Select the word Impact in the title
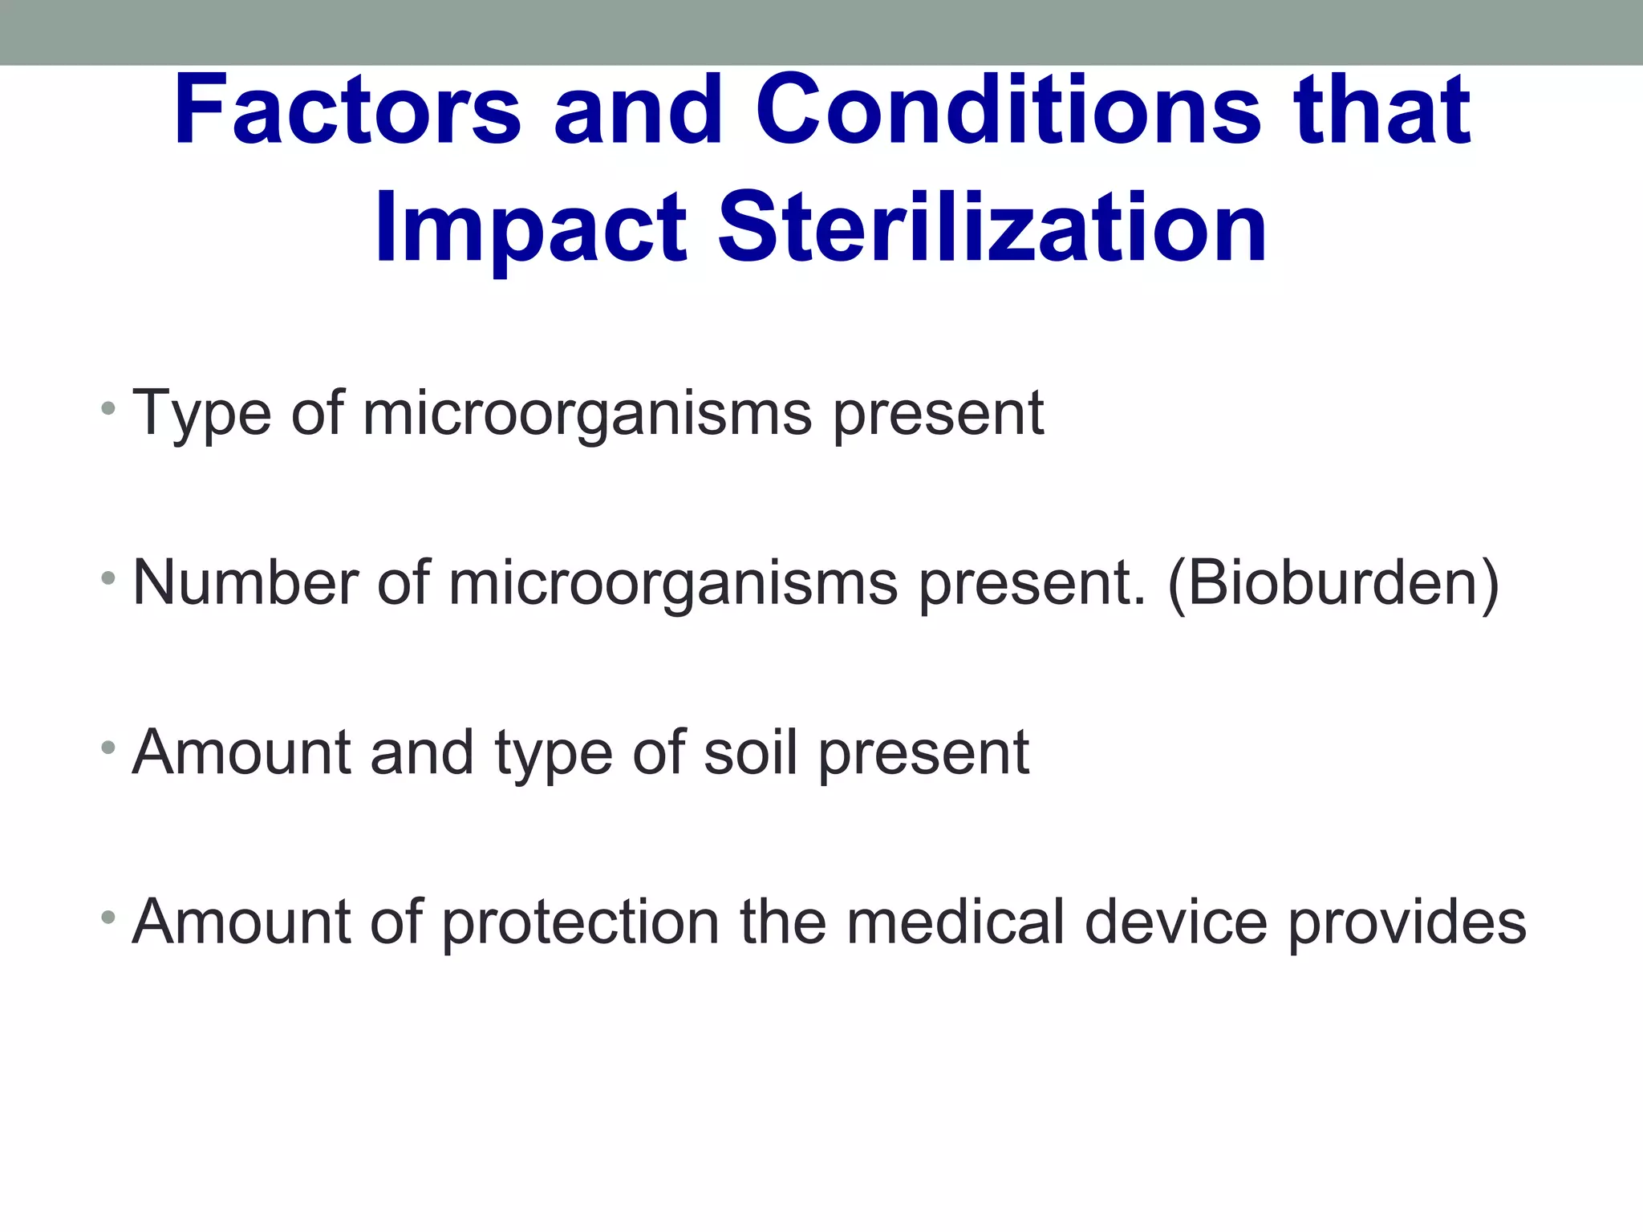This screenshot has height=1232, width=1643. click(530, 229)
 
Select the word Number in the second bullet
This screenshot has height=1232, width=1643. click(245, 582)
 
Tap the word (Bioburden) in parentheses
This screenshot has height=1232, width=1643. click(1333, 582)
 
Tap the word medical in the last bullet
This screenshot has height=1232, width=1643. click(955, 922)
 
